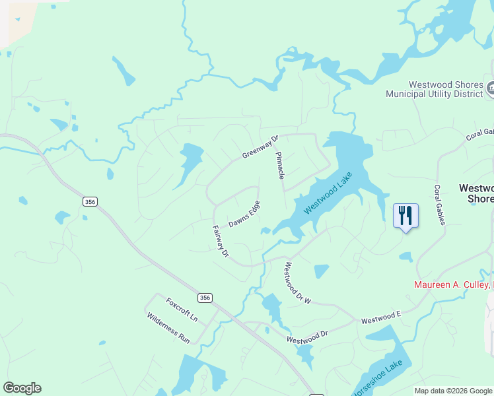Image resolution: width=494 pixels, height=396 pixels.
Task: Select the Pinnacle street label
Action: pyautogui.click(x=281, y=165)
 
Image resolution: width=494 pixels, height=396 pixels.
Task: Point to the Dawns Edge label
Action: pyautogui.click(x=244, y=214)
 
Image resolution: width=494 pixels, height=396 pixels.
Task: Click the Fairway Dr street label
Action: pyautogui.click(x=220, y=242)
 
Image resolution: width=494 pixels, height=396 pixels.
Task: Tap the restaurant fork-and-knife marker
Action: pyautogui.click(x=406, y=215)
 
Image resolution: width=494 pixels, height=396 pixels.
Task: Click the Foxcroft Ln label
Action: pyautogui.click(x=182, y=310)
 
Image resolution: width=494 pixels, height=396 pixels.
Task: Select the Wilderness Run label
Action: pyautogui.click(x=168, y=327)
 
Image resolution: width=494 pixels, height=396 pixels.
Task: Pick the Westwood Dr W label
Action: pyautogui.click(x=297, y=284)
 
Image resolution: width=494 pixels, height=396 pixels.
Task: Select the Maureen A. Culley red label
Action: pyautogui.click(x=453, y=285)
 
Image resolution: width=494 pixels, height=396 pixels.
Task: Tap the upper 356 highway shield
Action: pyautogui.click(x=90, y=201)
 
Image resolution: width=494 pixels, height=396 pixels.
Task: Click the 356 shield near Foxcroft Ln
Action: pyautogui.click(x=205, y=298)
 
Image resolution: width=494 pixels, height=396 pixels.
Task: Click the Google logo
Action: pyautogui.click(x=22, y=388)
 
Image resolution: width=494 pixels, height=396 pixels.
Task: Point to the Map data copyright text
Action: pyautogui.click(x=452, y=391)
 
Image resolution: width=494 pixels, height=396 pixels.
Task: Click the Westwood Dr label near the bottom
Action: pyautogui.click(x=307, y=337)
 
